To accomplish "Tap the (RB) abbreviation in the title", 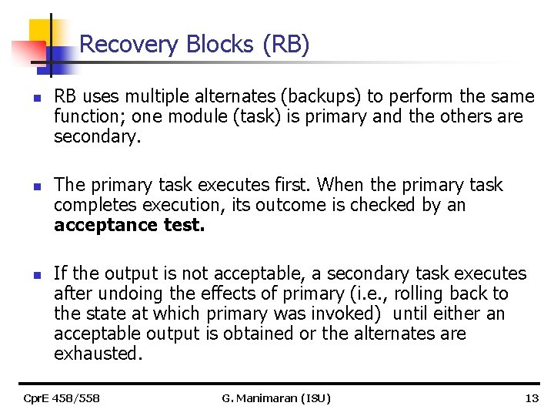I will click(286, 45).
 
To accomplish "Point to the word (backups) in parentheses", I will click(321, 97).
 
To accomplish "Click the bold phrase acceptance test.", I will click(129, 225).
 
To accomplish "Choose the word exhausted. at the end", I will click(98, 354).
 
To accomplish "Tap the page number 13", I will click(531, 398).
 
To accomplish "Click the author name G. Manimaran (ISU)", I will click(275, 398).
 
